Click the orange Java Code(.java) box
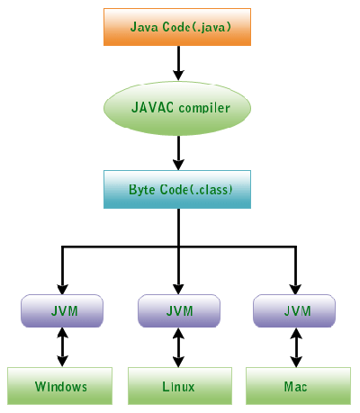[177, 27]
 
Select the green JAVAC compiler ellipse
[177, 108]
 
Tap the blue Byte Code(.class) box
[177, 189]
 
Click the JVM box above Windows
[62, 310]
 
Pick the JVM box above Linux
[179, 310]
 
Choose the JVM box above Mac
[294, 310]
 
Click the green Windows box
[59, 386]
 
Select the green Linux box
[180, 386]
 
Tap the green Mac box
[298, 386]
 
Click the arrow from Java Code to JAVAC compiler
[178, 63]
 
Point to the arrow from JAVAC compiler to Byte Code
[178, 153]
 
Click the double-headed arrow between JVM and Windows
[62, 347]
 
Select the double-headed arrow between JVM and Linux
[179, 347]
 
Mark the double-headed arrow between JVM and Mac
[296, 347]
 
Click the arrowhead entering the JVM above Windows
[62, 289]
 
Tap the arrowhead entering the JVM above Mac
[296, 289]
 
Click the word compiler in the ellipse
[204, 108]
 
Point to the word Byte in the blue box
[140, 190]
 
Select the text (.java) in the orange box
[211, 27]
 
